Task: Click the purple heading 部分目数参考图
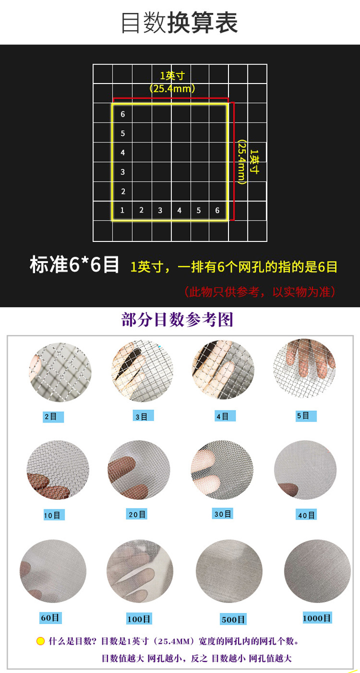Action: coord(177,320)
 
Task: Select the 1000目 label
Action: coord(317,618)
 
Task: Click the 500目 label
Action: coord(233,619)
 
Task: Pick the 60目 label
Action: coord(50,617)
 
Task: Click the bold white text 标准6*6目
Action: coord(74,265)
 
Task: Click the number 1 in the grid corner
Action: coord(122,210)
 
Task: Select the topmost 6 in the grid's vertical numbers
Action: coord(122,114)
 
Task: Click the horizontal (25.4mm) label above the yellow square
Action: coord(172,88)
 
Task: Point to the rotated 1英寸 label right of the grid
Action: coord(254,161)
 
